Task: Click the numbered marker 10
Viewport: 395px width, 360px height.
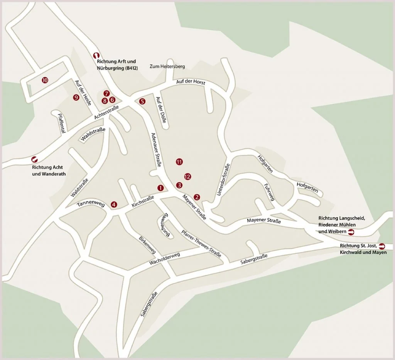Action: [45, 80]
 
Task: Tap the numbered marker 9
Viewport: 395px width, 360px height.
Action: [76, 97]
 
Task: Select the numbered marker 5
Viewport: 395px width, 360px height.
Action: [142, 101]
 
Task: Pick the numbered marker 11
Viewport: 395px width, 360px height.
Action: [179, 162]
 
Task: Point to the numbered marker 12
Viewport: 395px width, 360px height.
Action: [187, 177]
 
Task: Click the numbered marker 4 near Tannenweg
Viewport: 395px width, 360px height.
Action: [113, 204]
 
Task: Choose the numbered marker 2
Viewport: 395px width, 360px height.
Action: [197, 197]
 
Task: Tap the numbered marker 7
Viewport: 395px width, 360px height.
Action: [107, 93]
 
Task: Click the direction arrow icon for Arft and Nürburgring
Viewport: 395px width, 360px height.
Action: [96, 55]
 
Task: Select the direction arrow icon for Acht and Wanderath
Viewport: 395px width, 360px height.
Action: [34, 159]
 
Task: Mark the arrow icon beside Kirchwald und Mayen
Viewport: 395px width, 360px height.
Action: [382, 246]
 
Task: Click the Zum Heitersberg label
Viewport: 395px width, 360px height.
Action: [167, 66]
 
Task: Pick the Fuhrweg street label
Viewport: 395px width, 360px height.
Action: [269, 192]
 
